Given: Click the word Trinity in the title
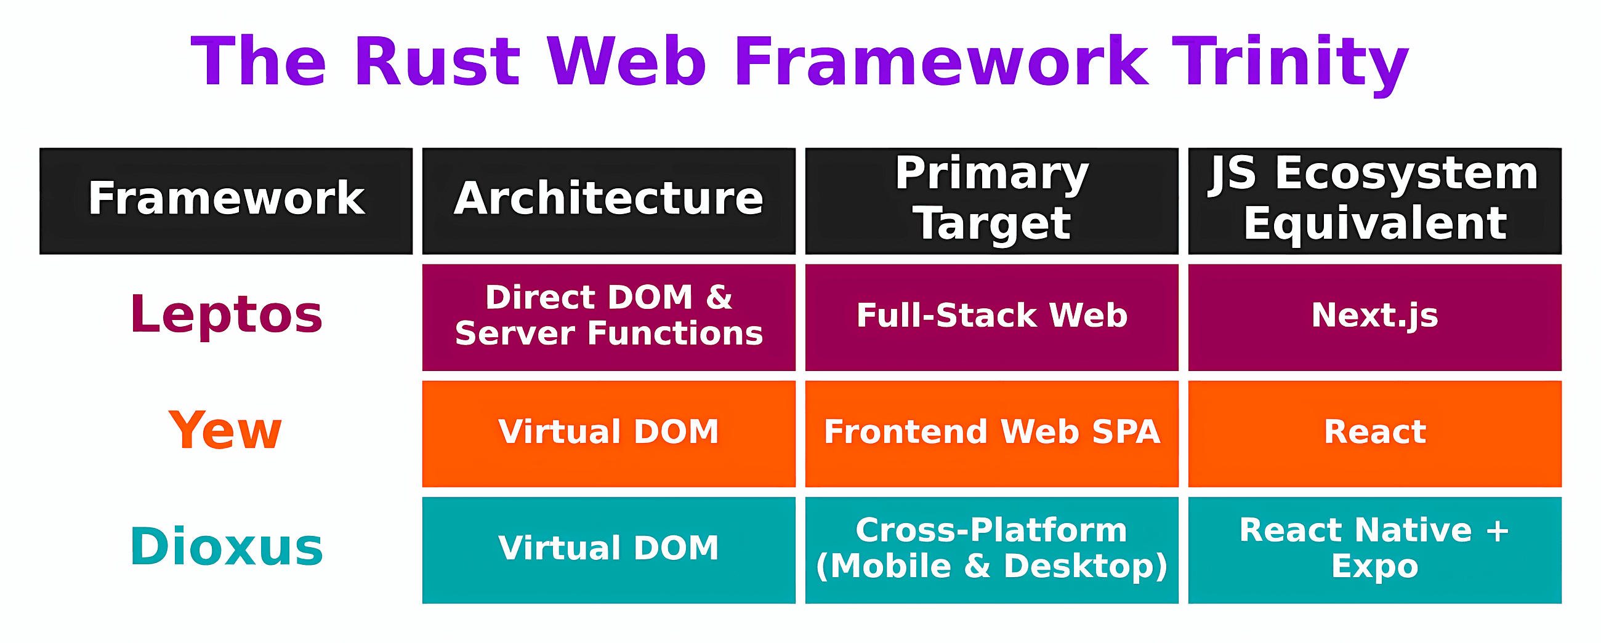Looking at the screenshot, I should pos(1289,62).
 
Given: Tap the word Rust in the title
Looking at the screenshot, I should pos(437,62).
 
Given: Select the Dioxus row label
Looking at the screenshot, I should pos(226,548).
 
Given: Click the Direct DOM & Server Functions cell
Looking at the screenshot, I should pos(608,317).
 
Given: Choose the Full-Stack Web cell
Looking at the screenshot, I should pos(991,317).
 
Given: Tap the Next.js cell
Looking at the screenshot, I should pos(1374,317).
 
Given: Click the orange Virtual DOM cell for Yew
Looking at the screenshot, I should pos(608,433).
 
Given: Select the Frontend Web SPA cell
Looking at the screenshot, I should pos(991,433).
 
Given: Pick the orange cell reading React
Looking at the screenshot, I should pos(1374,433).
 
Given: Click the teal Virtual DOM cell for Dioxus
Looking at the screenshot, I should pos(608,549).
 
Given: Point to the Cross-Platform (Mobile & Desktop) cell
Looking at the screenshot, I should pos(991,549).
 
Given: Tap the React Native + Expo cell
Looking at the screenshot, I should pos(1374,549).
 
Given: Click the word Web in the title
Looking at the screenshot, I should pos(626,62).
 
